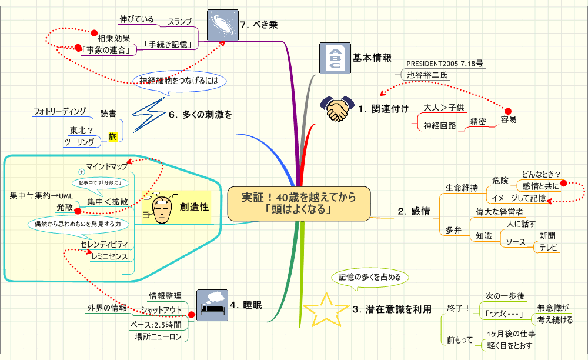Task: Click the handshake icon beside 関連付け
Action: pyautogui.click(x=337, y=109)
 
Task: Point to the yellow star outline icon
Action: pyautogui.click(x=325, y=308)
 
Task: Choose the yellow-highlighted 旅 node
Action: pyautogui.click(x=113, y=137)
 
